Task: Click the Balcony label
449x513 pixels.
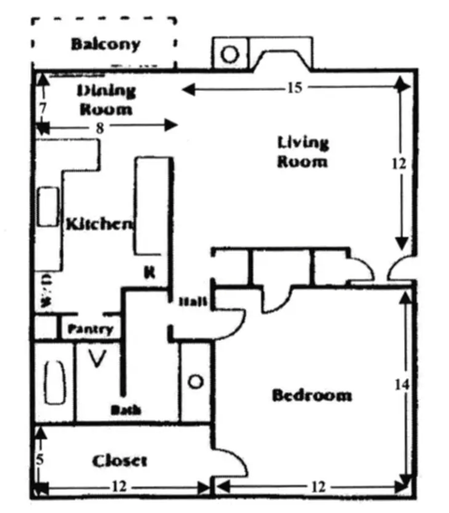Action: tap(105, 44)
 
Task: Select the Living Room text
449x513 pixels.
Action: tap(303, 152)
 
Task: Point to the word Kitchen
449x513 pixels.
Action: tap(97, 224)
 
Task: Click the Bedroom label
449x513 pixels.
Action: tap(311, 394)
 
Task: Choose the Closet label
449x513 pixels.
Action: tap(120, 461)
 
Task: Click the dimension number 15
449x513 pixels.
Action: tap(292, 88)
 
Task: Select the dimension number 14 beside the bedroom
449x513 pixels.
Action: tap(403, 385)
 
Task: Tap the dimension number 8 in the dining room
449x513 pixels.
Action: tap(100, 125)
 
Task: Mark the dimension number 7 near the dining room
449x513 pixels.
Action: tap(41, 109)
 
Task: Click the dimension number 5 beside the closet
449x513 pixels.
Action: tap(39, 460)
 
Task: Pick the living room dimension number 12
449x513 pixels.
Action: tap(399, 163)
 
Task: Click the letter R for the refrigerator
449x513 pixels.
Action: tap(149, 272)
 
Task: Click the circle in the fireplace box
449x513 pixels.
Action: tap(228, 53)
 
